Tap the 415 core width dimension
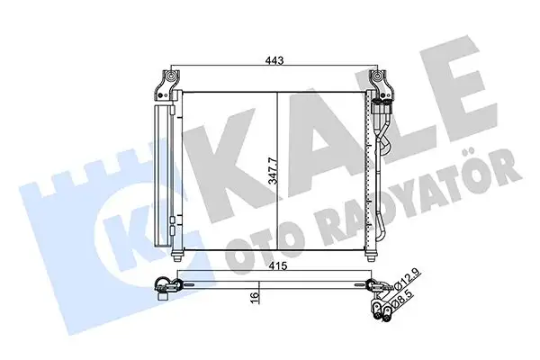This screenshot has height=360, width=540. coord(276,266)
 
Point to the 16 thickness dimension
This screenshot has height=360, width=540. coord(255,294)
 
